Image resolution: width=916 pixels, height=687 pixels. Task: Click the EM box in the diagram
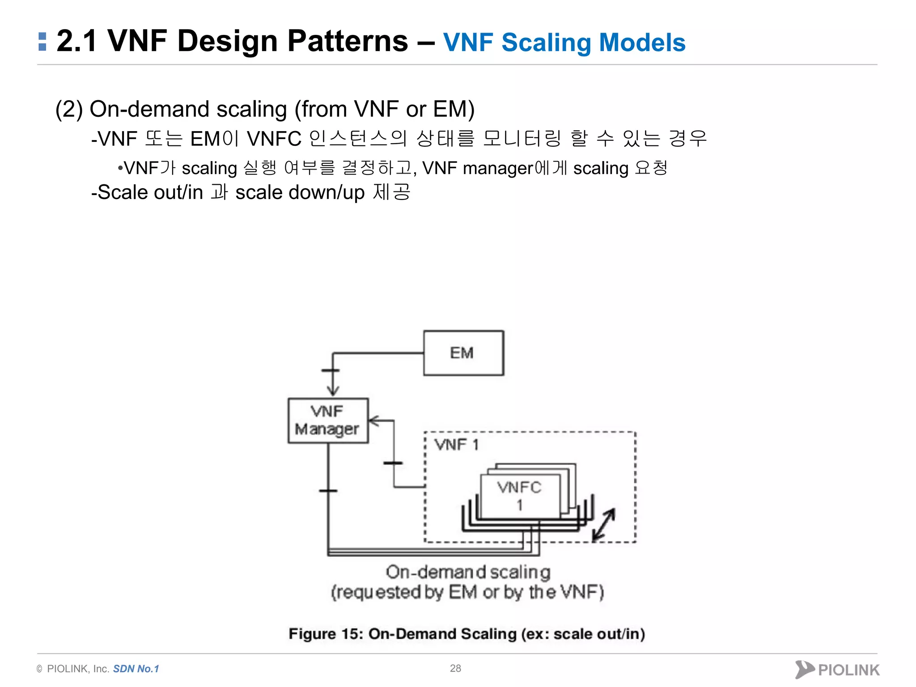[x=463, y=353]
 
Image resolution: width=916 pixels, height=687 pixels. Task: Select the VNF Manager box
[x=328, y=420]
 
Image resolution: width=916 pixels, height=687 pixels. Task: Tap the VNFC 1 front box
[x=520, y=496]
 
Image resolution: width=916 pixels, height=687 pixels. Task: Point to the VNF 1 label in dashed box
[x=456, y=445]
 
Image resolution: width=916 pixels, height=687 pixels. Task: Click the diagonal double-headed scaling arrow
[x=604, y=525]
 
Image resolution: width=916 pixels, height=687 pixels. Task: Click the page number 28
[x=455, y=668]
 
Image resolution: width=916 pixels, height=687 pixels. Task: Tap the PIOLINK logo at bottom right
[x=837, y=670]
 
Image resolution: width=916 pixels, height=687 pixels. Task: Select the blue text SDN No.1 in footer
[x=136, y=669]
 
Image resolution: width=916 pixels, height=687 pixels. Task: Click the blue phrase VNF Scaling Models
[x=564, y=42]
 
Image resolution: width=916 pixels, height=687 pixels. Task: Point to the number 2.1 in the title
[x=76, y=41]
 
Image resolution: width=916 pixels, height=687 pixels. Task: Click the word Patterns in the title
[x=348, y=41]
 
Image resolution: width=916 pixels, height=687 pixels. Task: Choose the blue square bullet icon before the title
[x=42, y=42]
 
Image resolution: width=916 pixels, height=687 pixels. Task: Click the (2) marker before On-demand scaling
[x=69, y=109]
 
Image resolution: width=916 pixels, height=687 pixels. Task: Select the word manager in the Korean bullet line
[x=498, y=169]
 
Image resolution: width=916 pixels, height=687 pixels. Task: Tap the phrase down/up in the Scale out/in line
[x=327, y=193]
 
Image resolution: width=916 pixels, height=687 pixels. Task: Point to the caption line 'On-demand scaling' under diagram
[x=468, y=572]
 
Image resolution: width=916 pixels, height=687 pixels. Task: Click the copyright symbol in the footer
[x=39, y=669]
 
